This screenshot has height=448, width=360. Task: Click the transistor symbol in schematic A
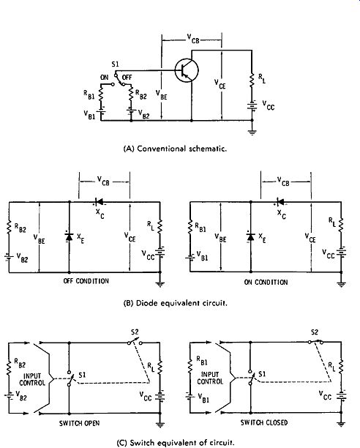[x=187, y=70]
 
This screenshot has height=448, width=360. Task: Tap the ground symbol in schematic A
[x=252, y=132]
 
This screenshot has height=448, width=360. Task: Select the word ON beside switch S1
[x=105, y=78]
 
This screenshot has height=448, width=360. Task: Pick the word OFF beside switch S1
[x=127, y=78]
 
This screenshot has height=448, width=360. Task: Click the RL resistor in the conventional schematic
[x=252, y=81]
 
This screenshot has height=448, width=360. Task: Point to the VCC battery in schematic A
[x=252, y=106]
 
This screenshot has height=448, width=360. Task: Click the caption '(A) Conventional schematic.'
[x=175, y=149]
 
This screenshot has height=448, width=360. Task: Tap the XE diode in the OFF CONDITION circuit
[x=69, y=237]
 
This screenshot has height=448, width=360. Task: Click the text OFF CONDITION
[x=86, y=281]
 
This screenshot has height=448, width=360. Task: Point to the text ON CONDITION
[x=266, y=283]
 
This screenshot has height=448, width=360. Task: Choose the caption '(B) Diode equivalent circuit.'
[x=176, y=303]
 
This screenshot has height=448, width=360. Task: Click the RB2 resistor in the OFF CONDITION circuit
[x=9, y=227]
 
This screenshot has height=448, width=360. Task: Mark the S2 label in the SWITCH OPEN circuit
[x=135, y=332]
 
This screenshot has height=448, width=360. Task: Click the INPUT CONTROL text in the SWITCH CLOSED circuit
[x=210, y=378]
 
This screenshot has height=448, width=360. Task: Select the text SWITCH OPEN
[x=79, y=423]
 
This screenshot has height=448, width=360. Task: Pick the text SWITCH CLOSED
[x=264, y=422]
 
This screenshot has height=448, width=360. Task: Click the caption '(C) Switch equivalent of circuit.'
[x=176, y=443]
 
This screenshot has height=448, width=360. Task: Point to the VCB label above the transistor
[x=193, y=39]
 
